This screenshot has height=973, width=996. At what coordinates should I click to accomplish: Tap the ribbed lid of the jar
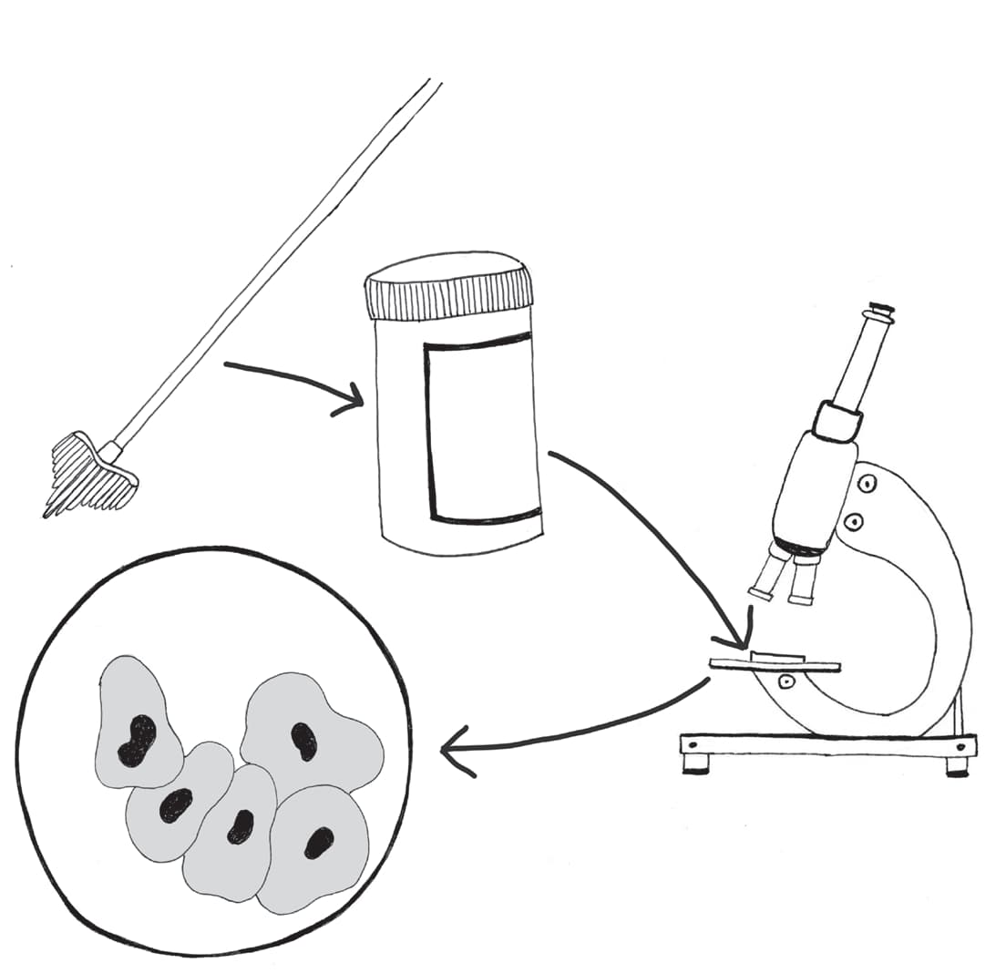tap(449, 284)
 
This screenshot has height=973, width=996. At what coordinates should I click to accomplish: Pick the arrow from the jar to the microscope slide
tap(656, 538)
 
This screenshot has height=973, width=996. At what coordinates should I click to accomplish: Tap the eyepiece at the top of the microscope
tap(880, 314)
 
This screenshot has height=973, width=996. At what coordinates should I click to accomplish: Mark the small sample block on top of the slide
tap(776, 655)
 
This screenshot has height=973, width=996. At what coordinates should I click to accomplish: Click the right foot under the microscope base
tap(957, 767)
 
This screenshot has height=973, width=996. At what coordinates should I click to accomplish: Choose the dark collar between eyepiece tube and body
tap(837, 421)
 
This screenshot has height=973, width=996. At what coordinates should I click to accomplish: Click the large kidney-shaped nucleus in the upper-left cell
tap(138, 740)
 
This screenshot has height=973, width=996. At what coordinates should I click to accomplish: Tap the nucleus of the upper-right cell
tap(303, 741)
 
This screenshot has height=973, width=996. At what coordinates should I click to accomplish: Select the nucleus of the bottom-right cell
tap(318, 843)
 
